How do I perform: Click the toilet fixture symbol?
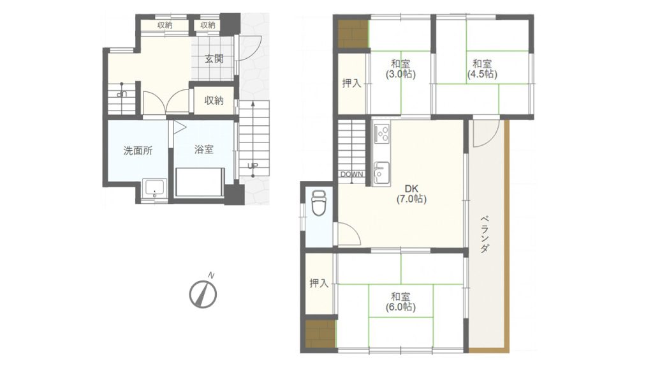pos(319,203)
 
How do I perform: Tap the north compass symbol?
pos(203,294)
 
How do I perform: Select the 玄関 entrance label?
pos(214,59)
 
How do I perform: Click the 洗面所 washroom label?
pos(138,151)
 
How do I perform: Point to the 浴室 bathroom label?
pos(203,149)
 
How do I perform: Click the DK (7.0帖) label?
pos(411,194)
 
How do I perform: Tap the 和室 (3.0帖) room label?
pos(400,69)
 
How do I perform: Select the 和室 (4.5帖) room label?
pos(482,69)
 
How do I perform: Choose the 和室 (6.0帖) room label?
pos(400,302)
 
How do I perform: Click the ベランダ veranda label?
pos(485,234)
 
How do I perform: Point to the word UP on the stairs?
pos(253,166)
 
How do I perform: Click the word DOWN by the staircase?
pos(352,174)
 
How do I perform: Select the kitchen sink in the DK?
pos(381,172)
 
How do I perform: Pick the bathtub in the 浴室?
pos(200,182)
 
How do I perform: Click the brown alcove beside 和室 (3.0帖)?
pos(352,34)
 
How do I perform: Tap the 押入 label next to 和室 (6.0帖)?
pos(319,284)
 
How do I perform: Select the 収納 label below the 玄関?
pos(214,100)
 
